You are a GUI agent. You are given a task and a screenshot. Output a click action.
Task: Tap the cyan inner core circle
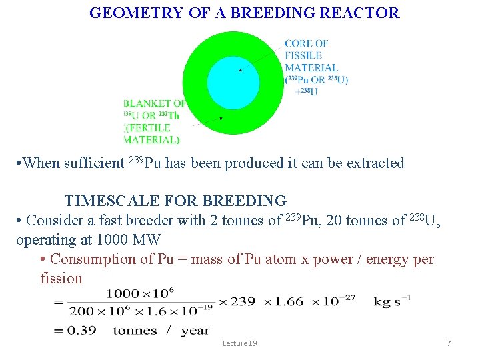click(233, 83)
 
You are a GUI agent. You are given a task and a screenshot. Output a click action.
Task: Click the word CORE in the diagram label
click(297, 43)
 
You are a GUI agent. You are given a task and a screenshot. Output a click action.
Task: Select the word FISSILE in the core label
click(303, 55)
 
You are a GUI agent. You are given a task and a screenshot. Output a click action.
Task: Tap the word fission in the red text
click(61, 278)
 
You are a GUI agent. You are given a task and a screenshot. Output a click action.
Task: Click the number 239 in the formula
click(243, 301)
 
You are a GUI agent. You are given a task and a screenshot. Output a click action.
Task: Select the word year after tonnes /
click(194, 331)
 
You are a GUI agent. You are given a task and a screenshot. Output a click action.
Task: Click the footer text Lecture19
click(240, 343)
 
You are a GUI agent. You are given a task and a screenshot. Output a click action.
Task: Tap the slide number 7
click(449, 343)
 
